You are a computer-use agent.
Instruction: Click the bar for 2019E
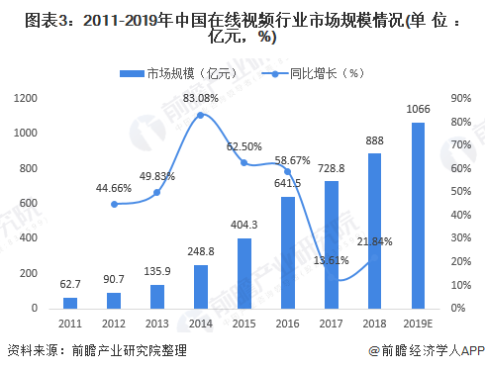419,215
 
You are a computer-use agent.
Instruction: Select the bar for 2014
201,286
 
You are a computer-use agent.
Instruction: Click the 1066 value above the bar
419,110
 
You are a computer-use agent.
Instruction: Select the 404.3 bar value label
244,225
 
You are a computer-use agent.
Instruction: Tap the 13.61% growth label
332,260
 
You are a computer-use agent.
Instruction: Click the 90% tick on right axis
459,97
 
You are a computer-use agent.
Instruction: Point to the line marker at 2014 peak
201,115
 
